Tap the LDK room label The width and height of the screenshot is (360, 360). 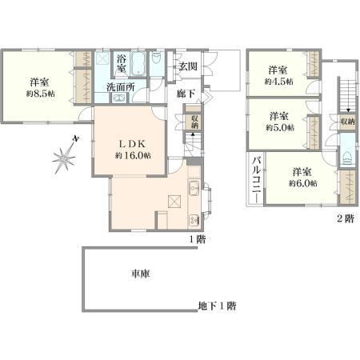coord(132,144)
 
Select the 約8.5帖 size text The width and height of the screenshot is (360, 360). coord(40,94)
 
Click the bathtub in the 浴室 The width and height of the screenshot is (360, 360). coord(138,64)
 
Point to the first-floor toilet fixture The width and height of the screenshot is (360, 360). coord(155,58)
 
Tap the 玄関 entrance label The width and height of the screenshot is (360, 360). coord(188,66)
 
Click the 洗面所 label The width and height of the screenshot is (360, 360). coord(121,87)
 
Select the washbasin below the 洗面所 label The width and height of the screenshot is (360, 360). coord(118,98)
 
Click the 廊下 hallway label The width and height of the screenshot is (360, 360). coord(186,94)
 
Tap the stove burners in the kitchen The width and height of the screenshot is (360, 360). coord(194,220)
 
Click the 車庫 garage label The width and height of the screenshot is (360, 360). coord(140,274)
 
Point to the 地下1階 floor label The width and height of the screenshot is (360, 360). coord(217,306)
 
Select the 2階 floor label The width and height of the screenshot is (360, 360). coord(346,219)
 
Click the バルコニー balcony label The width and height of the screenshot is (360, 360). coord(257,180)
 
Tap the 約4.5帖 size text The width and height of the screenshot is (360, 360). coord(278,82)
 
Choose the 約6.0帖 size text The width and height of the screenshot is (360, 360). coord(303,183)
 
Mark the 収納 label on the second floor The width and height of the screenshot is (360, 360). coord(348,122)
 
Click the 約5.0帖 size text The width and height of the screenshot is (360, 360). coord(280,127)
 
